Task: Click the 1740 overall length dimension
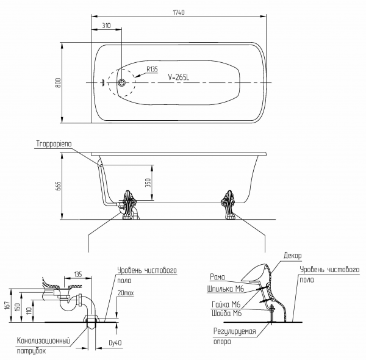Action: coord(179,12)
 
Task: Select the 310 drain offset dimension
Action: coord(106,26)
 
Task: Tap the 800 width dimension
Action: coord(58,82)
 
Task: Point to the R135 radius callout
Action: coord(152,70)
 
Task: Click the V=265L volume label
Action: coord(179,77)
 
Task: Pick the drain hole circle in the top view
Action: coord(121,82)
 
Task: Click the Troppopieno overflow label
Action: coord(54,144)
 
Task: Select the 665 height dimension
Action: coord(58,186)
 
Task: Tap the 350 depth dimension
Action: coord(148,183)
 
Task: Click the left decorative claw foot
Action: coord(128,205)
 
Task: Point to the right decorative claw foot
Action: coord(228,205)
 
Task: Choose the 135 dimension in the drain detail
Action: coord(78,274)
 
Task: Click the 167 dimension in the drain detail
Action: coord(7,305)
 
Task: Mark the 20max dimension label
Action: coord(126,293)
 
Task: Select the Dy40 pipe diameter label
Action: coord(115,343)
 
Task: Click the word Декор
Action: coord(292,256)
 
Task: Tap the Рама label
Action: coord(218,277)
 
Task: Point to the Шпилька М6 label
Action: coord(226,289)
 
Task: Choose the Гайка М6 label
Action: coord(226,304)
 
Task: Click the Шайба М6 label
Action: coord(227,313)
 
